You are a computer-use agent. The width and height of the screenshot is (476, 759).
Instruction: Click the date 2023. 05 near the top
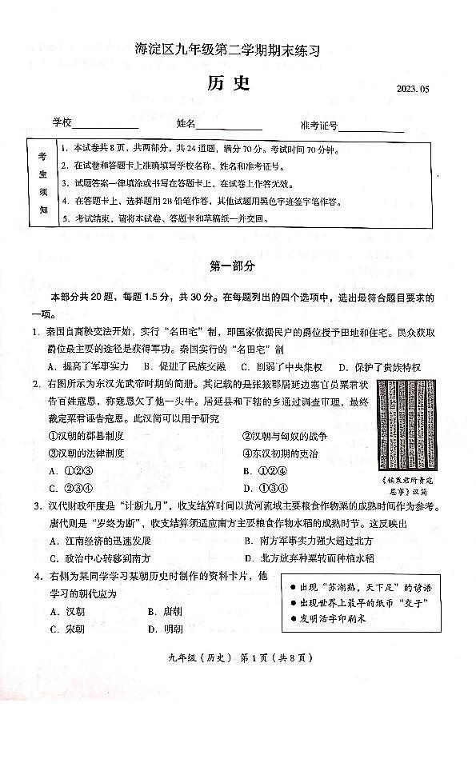pyautogui.click(x=412, y=89)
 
